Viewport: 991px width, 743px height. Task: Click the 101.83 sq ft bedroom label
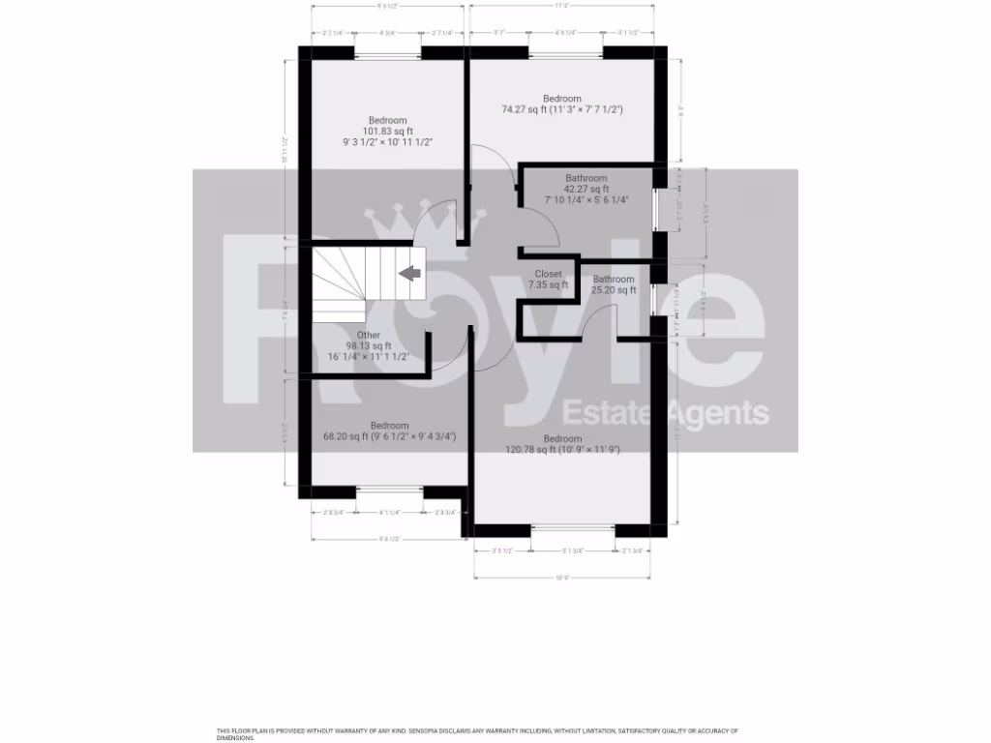387,132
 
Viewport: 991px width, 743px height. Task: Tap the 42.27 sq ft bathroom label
586,189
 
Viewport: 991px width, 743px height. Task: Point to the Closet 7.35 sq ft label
548,280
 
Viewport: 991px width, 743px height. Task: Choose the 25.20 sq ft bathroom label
614,285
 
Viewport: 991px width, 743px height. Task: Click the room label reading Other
369,335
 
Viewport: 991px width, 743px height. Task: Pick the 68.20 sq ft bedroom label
389,431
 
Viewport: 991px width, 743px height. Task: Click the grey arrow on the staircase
411,274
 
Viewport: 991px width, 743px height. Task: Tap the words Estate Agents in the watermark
666,413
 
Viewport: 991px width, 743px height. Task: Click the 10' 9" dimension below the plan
561,578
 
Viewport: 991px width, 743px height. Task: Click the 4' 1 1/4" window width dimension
389,513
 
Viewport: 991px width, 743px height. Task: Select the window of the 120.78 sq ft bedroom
573,529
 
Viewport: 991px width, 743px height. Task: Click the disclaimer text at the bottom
477,733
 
